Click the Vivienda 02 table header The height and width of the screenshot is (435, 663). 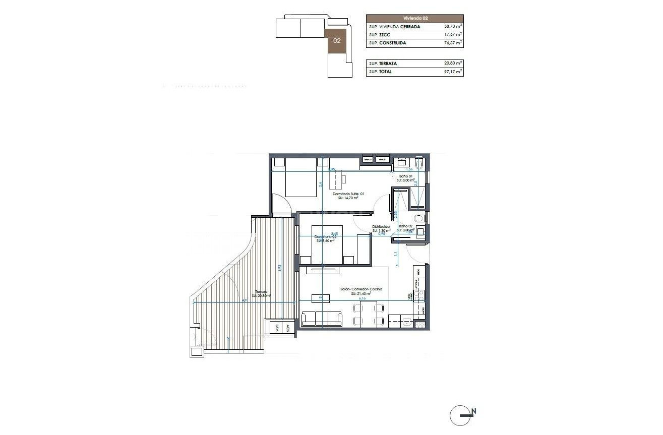coord(414,18)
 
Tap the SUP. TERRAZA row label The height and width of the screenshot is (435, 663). coord(383,64)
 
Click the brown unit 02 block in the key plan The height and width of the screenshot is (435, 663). coord(337,41)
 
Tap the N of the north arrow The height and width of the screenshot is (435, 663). coord(474,411)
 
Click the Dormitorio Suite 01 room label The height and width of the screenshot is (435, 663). coord(348,194)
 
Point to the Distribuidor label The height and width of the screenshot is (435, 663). coord(382,227)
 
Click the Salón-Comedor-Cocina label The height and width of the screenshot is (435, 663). coord(361,289)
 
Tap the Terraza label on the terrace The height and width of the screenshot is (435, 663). coord(261,292)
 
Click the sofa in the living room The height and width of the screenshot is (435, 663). coord(322,319)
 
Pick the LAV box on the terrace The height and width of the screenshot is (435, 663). coord(277,328)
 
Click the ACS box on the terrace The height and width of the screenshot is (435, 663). coord(287,328)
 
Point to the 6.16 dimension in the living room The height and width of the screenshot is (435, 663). coord(361,298)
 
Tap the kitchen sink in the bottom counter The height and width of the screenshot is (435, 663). coord(406,320)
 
